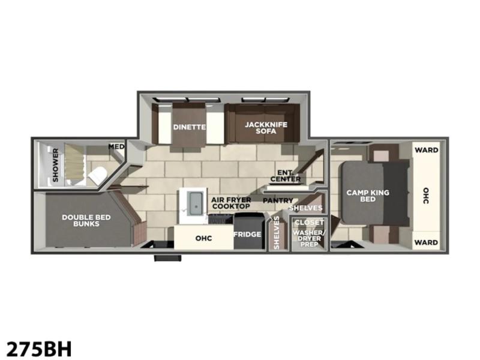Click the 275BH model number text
coord(38,349)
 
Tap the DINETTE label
coord(189,127)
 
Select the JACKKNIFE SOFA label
coord(266,128)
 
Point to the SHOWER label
coord(55,165)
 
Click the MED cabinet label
coord(116,146)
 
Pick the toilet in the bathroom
coord(97,176)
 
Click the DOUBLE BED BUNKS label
coord(86,220)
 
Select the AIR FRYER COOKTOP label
coord(231,203)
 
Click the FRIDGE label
coord(247,235)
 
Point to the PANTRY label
coord(278,200)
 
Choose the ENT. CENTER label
coord(286,176)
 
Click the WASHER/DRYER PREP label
coord(309,238)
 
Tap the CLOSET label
coord(309,223)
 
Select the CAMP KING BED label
coord(368,196)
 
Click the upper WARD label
coord(427,150)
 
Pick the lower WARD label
coord(427,242)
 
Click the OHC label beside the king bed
coord(426,196)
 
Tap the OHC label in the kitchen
coord(203,238)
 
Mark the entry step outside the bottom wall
coord(168,258)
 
